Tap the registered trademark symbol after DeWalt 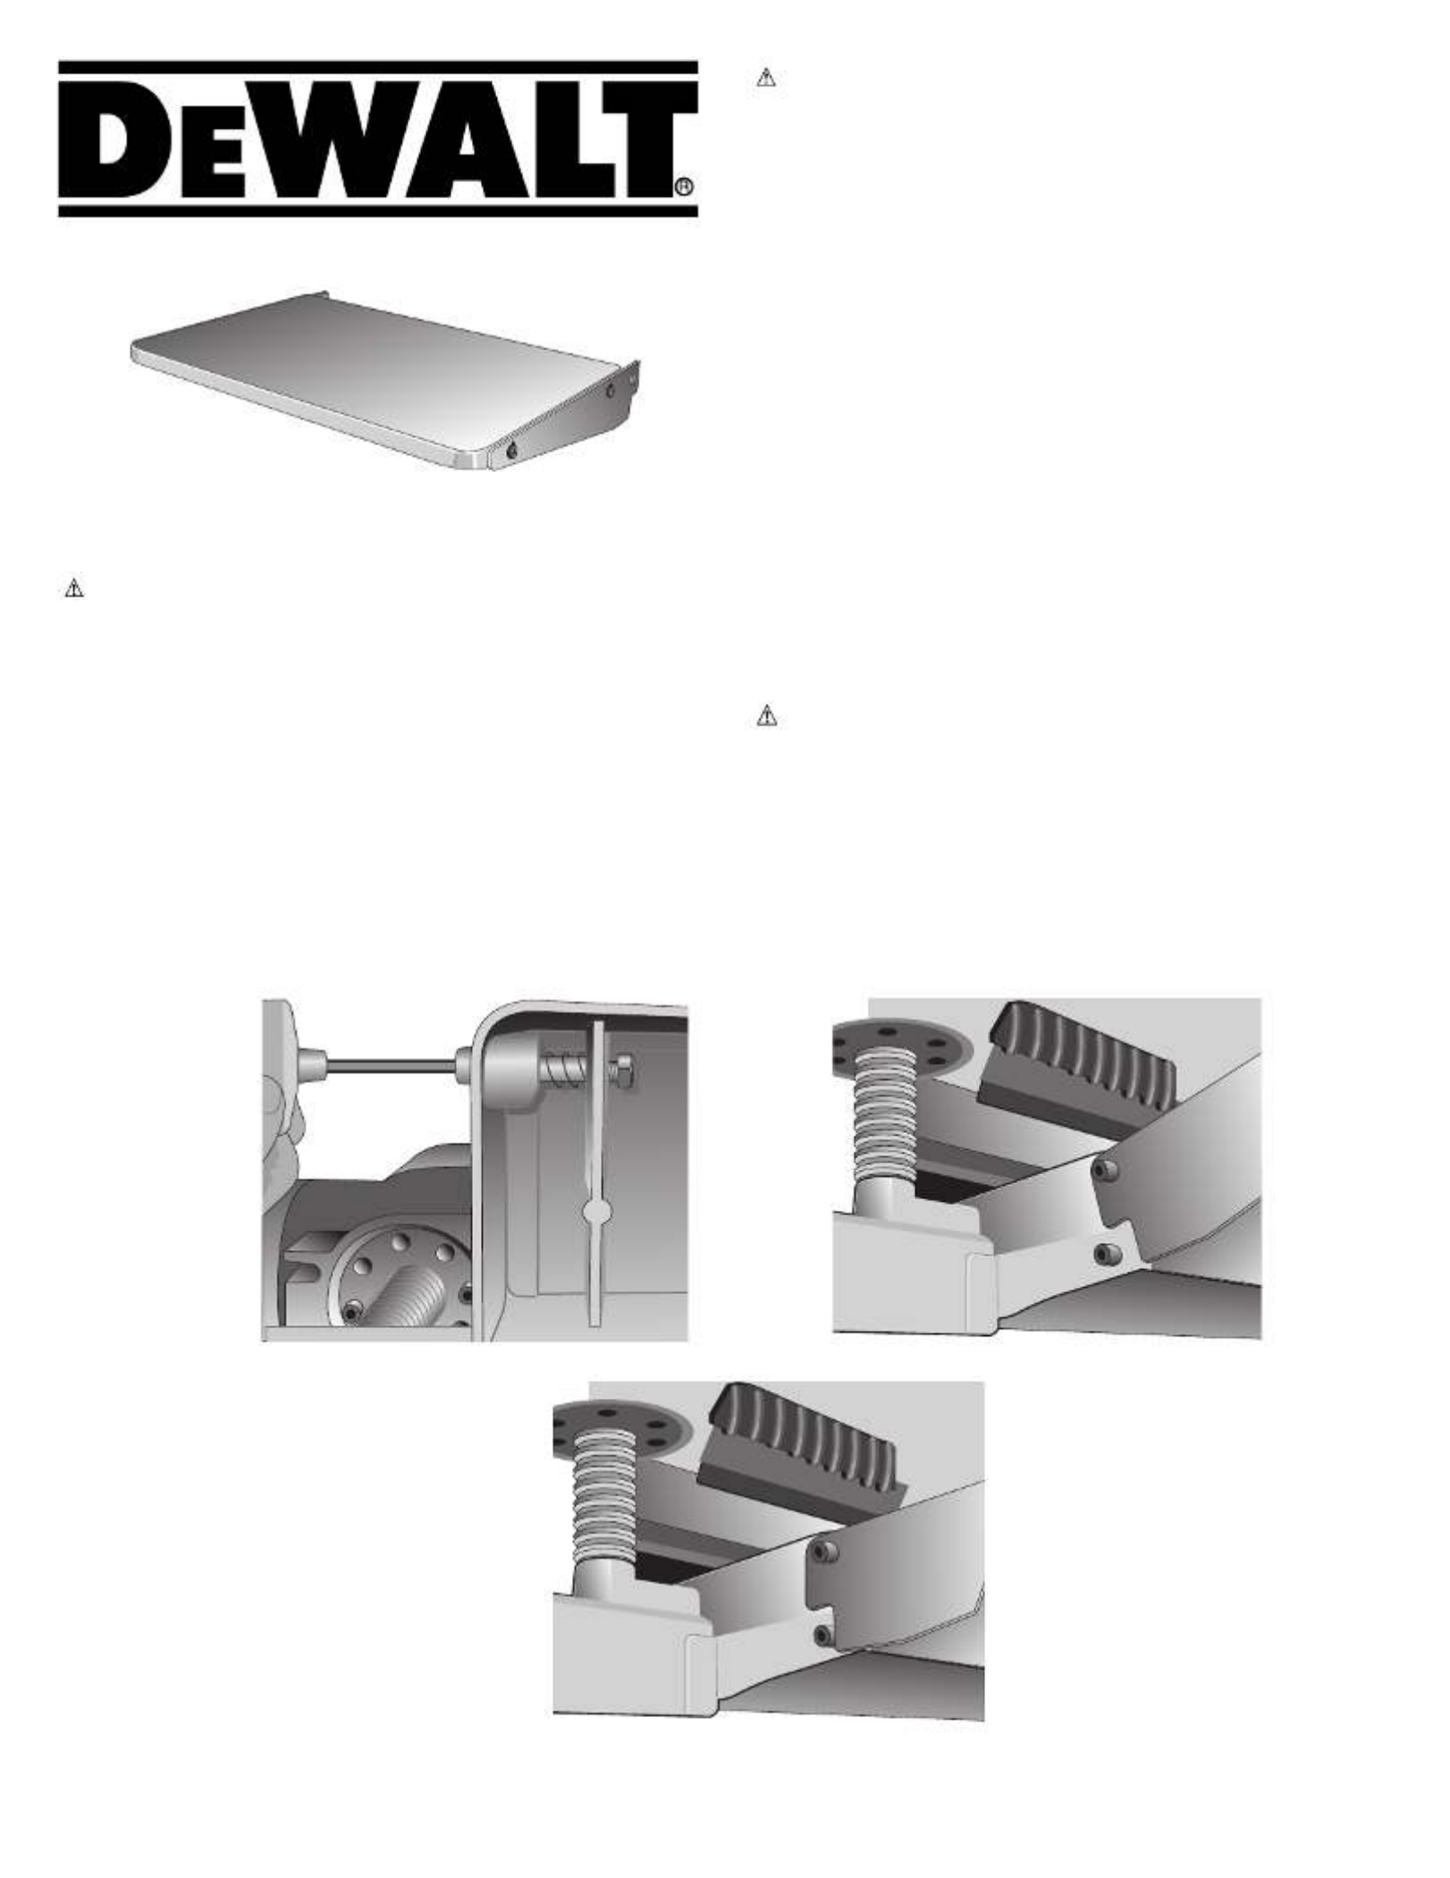[683, 187]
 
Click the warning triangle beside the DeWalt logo [766, 78]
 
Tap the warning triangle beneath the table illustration [74, 588]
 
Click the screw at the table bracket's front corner [511, 452]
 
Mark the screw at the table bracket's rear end [611, 391]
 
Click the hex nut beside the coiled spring [623, 1070]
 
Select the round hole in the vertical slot [596, 1213]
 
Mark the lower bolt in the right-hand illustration [1106, 1253]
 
